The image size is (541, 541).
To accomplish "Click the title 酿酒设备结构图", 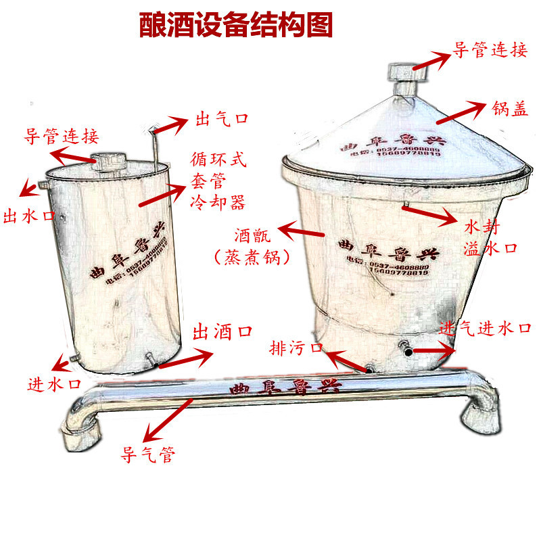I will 236,25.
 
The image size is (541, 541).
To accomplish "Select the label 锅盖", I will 510,110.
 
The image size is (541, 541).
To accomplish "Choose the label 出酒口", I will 222,331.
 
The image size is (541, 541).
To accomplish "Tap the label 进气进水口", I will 486,329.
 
